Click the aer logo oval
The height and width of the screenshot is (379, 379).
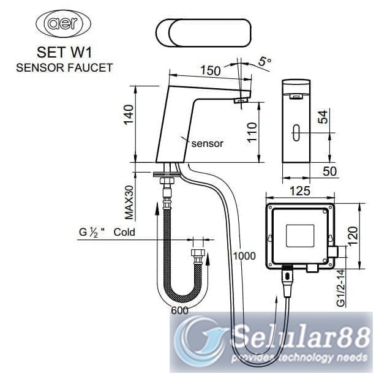(64, 25)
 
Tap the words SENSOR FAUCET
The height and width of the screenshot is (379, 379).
(64, 67)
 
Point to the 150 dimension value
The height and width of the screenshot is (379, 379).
(210, 71)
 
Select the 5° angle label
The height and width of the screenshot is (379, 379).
(263, 62)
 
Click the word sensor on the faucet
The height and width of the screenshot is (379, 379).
(207, 144)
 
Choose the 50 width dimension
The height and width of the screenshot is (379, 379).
(329, 171)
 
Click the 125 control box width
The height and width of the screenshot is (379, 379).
(299, 192)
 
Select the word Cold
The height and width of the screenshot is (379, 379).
(124, 232)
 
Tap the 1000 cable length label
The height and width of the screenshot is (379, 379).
(244, 257)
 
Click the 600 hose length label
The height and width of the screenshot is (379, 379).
(179, 310)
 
